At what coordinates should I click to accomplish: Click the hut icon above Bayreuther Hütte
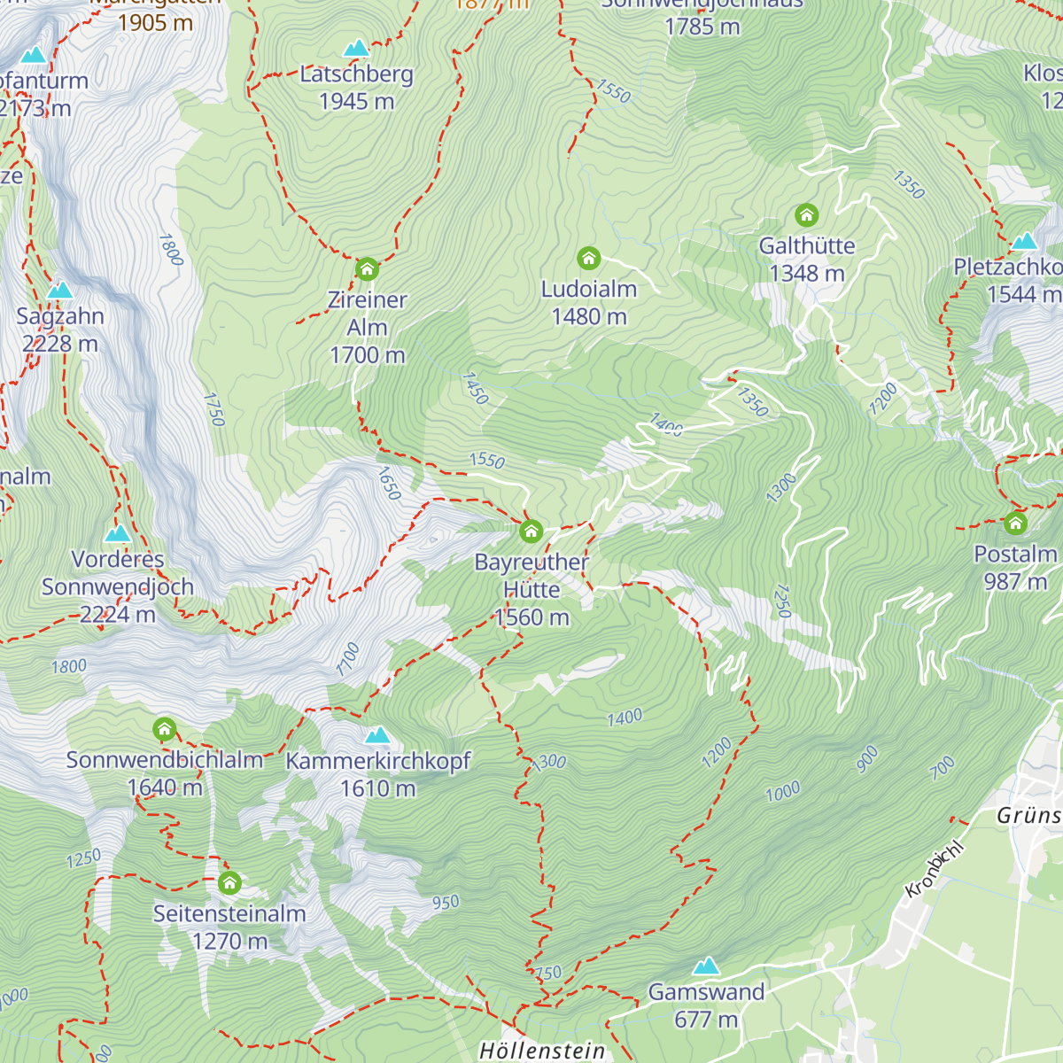[x=531, y=531]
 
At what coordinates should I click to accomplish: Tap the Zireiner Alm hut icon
[x=367, y=268]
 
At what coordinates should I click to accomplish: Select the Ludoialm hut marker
[x=589, y=259]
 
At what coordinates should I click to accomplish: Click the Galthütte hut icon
[x=806, y=215]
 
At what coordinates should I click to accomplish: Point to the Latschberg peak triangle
[x=356, y=48]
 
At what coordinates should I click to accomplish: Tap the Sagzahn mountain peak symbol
[x=59, y=290]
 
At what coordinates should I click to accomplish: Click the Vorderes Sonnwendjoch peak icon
[x=118, y=533]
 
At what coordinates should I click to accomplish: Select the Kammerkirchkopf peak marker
[x=378, y=735]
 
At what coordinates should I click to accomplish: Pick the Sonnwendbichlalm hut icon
[x=164, y=730]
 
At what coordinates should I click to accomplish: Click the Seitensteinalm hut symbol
[x=229, y=883]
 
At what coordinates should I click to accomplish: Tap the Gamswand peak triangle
[x=706, y=966]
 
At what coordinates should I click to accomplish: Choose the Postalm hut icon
[x=1015, y=524]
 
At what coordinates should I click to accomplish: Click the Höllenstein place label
[x=542, y=1051]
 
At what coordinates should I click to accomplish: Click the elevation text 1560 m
[x=531, y=617]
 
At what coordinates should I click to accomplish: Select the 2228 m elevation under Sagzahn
[x=60, y=344]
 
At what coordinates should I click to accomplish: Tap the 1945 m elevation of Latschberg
[x=356, y=102]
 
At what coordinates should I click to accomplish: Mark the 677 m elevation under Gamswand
[x=706, y=1020]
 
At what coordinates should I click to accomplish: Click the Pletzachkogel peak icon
[x=1024, y=241]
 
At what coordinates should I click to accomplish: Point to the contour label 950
[x=446, y=903]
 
